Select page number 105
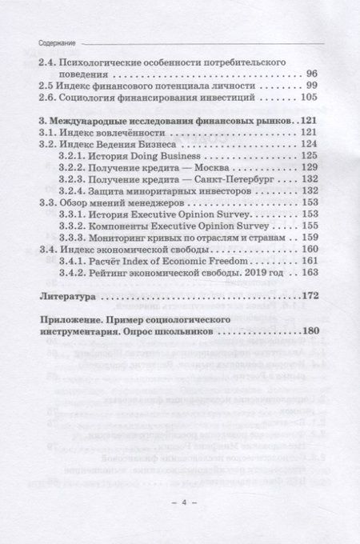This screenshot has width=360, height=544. [310, 99]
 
